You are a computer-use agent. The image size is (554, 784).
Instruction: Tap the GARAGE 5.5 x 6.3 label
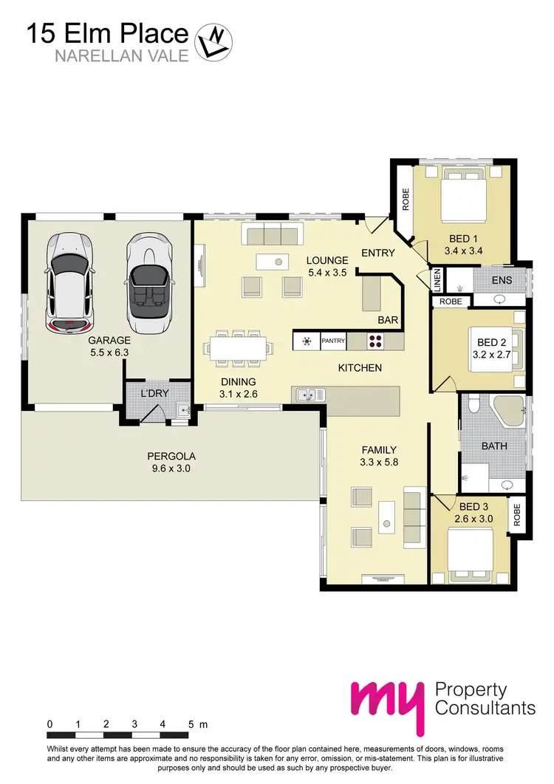[x=108, y=347]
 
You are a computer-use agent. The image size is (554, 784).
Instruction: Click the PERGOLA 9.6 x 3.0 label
[x=171, y=462]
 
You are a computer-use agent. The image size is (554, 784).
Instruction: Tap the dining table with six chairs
[x=238, y=347]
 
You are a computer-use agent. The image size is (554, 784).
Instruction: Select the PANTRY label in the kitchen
[x=333, y=341]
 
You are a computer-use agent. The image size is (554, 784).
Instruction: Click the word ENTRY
[x=377, y=253]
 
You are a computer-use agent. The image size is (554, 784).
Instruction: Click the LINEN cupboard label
[x=437, y=280]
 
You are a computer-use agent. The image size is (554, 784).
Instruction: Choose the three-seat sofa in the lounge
[x=270, y=236]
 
